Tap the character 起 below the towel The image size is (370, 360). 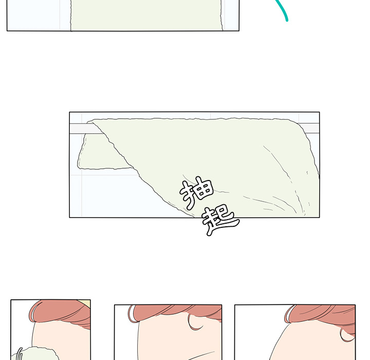click(x=220, y=220)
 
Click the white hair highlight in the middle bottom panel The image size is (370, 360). click(x=133, y=314)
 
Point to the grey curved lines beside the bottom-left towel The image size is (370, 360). click(x=20, y=354)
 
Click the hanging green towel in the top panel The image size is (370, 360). click(x=146, y=15)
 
